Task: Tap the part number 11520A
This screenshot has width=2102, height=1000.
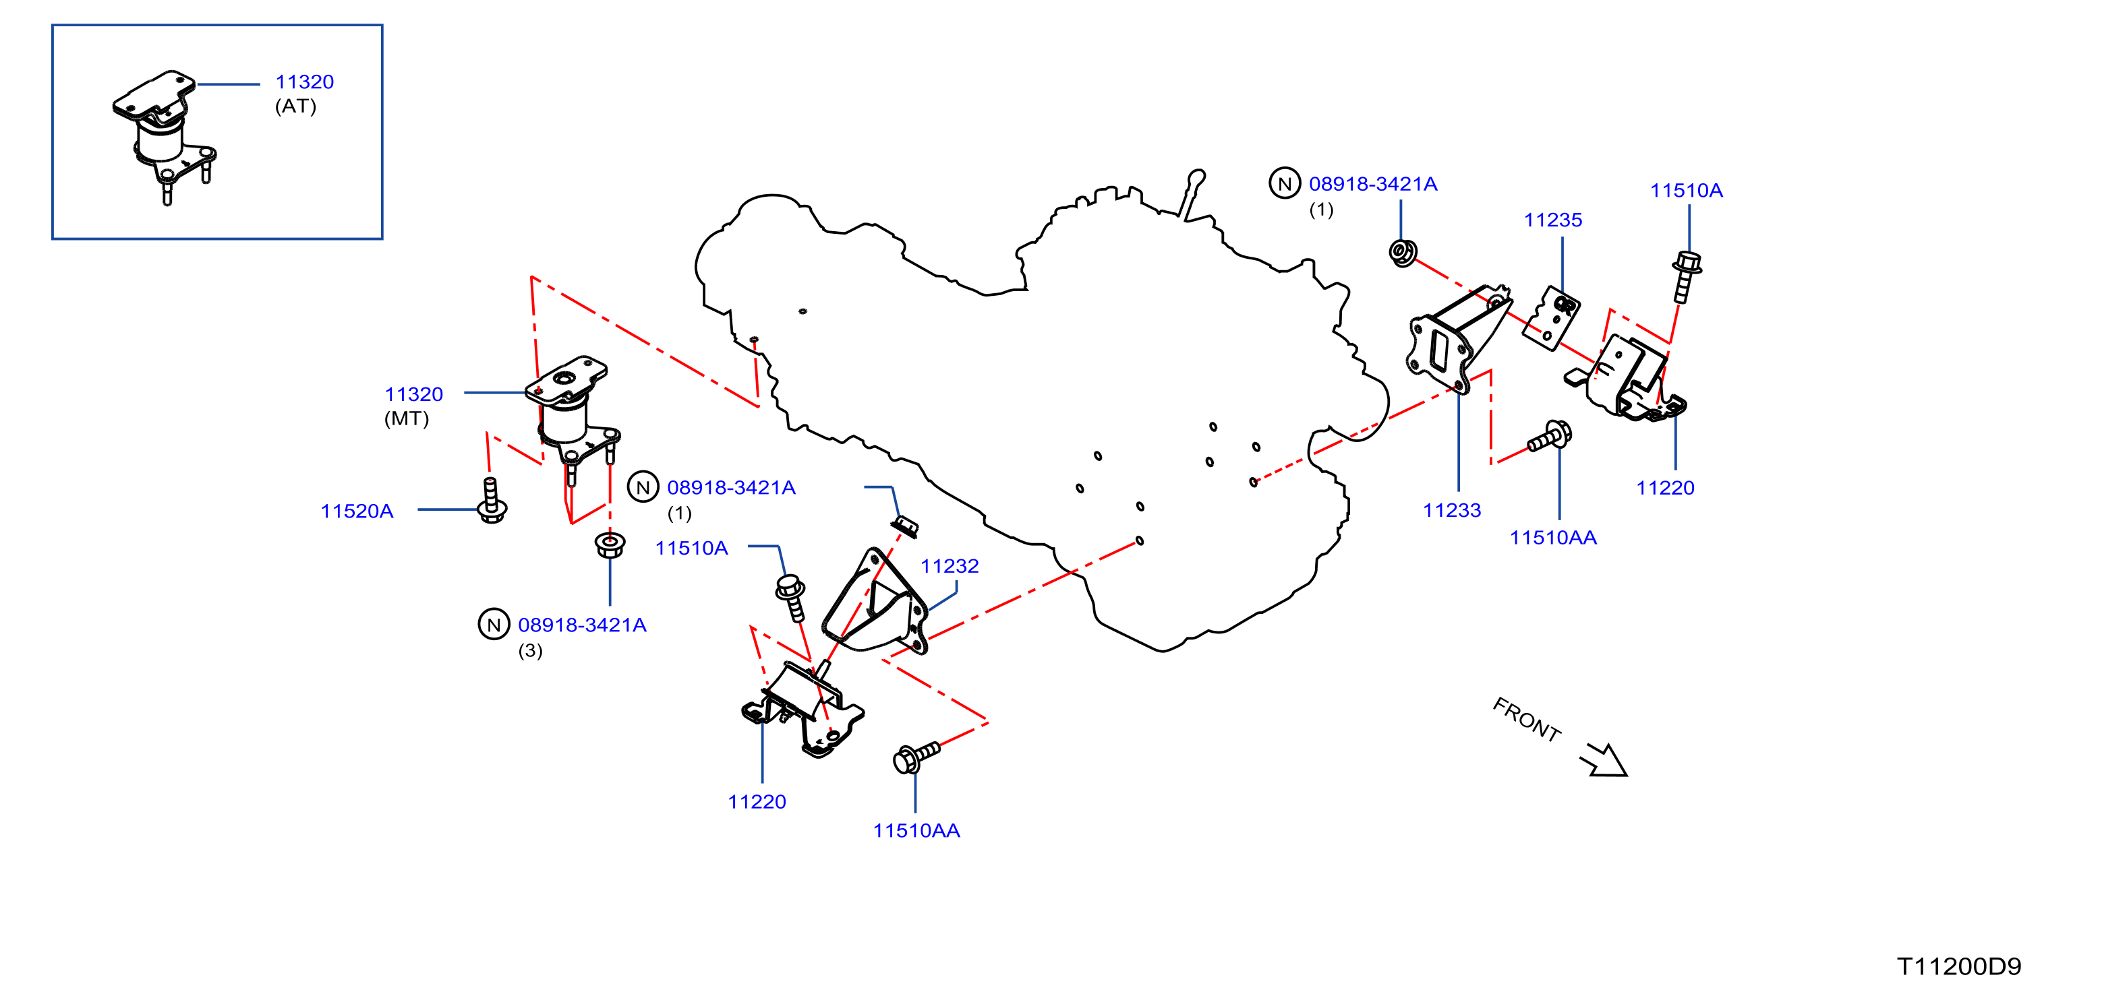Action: [357, 511]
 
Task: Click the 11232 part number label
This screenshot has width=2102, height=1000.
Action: [950, 566]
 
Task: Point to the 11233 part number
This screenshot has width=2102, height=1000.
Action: [1452, 511]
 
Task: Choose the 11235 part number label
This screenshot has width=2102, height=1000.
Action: [1553, 220]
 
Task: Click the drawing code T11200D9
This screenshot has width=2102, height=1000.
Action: [1959, 966]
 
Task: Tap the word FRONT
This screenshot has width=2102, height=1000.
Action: [1527, 718]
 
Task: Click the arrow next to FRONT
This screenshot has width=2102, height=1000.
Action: [1604, 760]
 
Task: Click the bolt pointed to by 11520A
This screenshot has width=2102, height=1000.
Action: [491, 500]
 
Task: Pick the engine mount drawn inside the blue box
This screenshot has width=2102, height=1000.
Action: [165, 136]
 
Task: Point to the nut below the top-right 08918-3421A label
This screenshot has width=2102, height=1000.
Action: [1403, 252]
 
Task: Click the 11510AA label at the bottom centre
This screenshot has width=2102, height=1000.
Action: [916, 831]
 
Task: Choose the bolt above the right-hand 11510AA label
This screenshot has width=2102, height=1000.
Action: [1549, 437]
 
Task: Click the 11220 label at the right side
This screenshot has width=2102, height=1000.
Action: [1666, 489]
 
